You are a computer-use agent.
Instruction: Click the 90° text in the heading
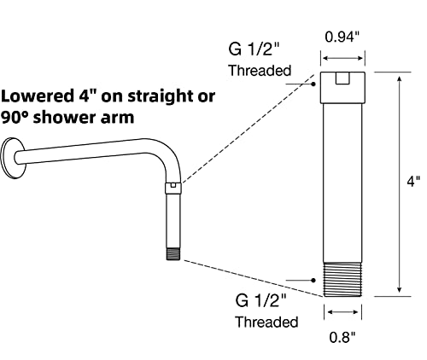coord(17,118)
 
